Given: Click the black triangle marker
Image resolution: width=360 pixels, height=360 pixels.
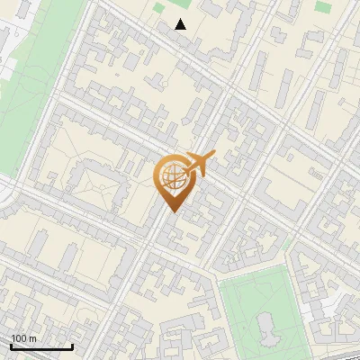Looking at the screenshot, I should point(181,23).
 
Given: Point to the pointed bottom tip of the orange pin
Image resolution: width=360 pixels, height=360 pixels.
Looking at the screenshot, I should point(173,211).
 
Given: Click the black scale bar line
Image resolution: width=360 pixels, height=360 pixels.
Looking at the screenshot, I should point(41,346).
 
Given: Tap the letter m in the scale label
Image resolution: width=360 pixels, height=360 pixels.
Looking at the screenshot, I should point(33,337).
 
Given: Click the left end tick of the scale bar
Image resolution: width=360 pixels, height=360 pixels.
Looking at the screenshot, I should point(11,345).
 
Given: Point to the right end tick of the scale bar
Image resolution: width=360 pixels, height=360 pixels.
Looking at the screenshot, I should point(72,345).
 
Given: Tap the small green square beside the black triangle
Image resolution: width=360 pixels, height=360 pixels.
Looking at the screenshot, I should point(159,8).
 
